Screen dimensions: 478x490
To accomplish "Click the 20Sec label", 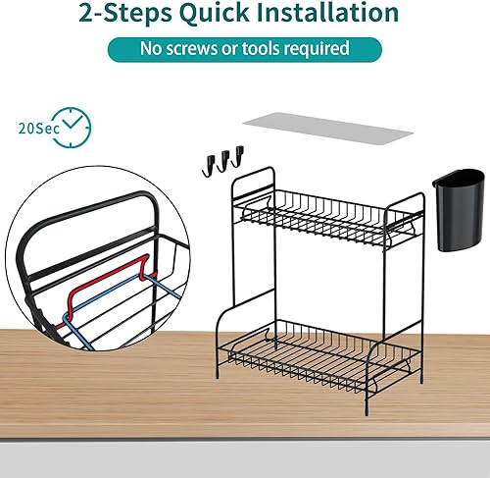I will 36,128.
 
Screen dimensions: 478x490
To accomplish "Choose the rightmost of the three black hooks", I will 237,156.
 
